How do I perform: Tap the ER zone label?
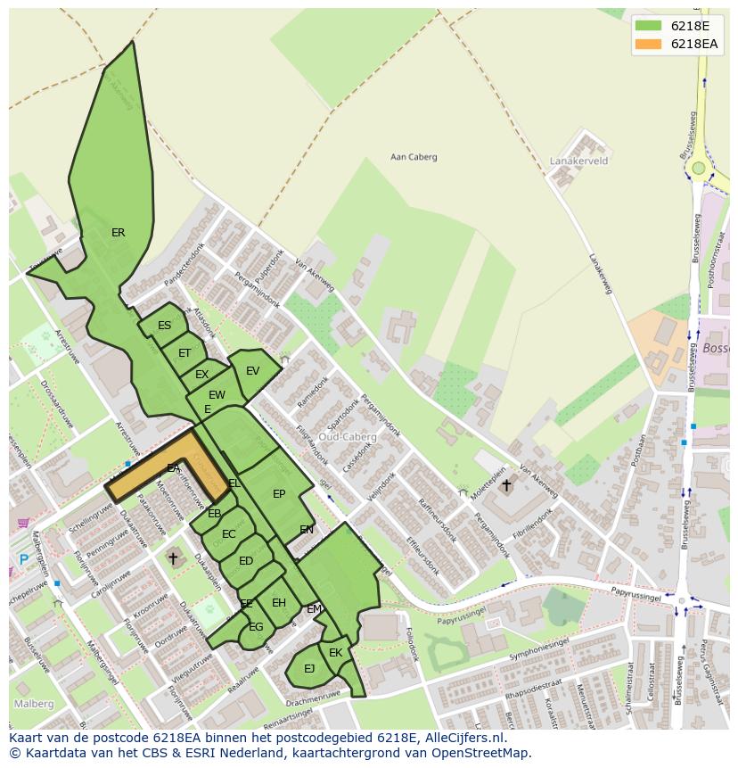click(x=118, y=233)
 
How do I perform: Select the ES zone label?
click(x=164, y=326)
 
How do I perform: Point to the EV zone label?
click(x=252, y=371)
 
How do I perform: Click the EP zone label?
click(x=279, y=494)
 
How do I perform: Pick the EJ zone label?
click(x=309, y=668)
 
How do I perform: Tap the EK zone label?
click(x=335, y=653)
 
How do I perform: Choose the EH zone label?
click(x=279, y=603)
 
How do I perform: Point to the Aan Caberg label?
click(x=414, y=157)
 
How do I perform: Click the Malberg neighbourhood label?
click(x=33, y=704)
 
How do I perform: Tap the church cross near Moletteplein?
click(x=506, y=486)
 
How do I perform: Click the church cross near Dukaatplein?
click(x=173, y=557)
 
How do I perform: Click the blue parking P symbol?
click(x=23, y=559)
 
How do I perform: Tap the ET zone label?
click(x=184, y=353)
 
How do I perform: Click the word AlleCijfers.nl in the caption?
click(x=463, y=738)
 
